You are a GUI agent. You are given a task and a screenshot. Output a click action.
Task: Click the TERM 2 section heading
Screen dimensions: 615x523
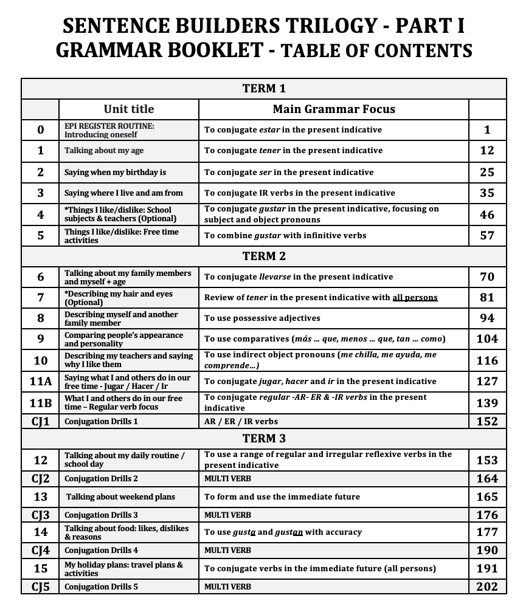(264, 256)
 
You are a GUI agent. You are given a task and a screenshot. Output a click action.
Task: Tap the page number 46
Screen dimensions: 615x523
(487, 215)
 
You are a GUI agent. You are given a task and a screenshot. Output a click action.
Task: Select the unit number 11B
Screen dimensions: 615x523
(41, 402)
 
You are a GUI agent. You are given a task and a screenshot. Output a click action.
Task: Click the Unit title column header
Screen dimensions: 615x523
(129, 109)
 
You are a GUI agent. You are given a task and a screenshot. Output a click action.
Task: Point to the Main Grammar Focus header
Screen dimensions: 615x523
(333, 109)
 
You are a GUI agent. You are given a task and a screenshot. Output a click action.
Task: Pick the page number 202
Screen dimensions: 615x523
(487, 586)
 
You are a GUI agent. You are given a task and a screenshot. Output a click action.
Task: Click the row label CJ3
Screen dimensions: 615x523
(41, 515)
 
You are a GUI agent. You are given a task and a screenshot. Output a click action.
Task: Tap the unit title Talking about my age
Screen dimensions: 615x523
(104, 151)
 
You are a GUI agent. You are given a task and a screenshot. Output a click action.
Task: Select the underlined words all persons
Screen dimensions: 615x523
(415, 298)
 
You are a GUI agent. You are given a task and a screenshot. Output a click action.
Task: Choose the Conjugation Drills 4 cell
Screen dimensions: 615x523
(102, 551)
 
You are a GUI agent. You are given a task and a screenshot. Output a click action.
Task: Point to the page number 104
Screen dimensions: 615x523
(487, 338)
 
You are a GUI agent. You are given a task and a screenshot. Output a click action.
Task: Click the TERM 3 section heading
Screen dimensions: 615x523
(264, 438)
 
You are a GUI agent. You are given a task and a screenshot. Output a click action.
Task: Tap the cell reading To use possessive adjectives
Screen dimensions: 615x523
(262, 318)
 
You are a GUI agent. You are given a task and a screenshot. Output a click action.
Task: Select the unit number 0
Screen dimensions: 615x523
(41, 129)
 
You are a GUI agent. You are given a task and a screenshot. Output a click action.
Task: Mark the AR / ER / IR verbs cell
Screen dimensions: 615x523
(241, 421)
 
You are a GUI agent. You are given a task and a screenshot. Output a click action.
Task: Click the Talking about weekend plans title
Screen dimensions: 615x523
(120, 497)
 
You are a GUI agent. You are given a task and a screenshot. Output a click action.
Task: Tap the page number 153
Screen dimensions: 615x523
(487, 460)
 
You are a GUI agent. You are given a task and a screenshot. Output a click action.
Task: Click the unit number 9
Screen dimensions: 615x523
(41, 338)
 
